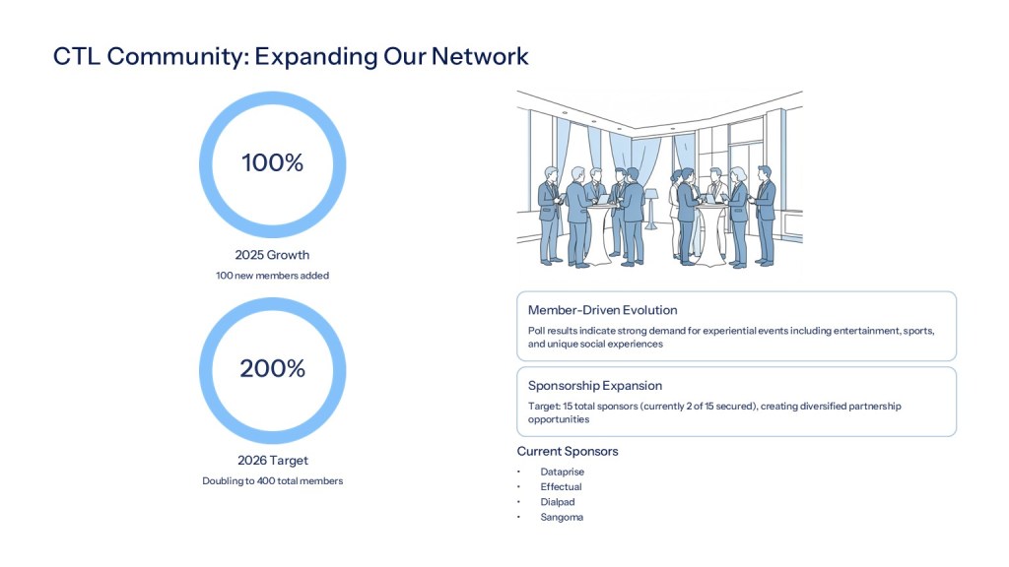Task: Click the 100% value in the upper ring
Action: pyautogui.click(x=272, y=163)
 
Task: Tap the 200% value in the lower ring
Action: pyautogui.click(x=272, y=369)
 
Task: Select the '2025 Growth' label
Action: pyautogui.click(x=272, y=255)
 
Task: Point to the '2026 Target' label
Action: pyautogui.click(x=272, y=460)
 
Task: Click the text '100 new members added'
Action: pyautogui.click(x=272, y=276)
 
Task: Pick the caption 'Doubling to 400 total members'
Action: pyautogui.click(x=272, y=480)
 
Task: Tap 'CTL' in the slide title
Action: pyautogui.click(x=77, y=57)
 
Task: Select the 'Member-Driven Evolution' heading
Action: pyautogui.click(x=602, y=310)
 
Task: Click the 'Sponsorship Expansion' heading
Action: pyautogui.click(x=595, y=386)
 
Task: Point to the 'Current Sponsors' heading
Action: pyautogui.click(x=568, y=451)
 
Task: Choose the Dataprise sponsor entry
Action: pyautogui.click(x=562, y=472)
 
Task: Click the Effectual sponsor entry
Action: pyautogui.click(x=561, y=486)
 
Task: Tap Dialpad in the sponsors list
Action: pyautogui.click(x=558, y=501)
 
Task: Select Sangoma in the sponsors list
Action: pyautogui.click(x=562, y=517)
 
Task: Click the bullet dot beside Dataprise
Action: pyautogui.click(x=519, y=472)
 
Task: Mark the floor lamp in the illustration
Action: pyautogui.click(x=650, y=207)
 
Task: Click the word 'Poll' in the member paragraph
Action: pyautogui.click(x=537, y=331)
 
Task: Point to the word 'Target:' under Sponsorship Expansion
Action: pyautogui.click(x=544, y=406)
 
